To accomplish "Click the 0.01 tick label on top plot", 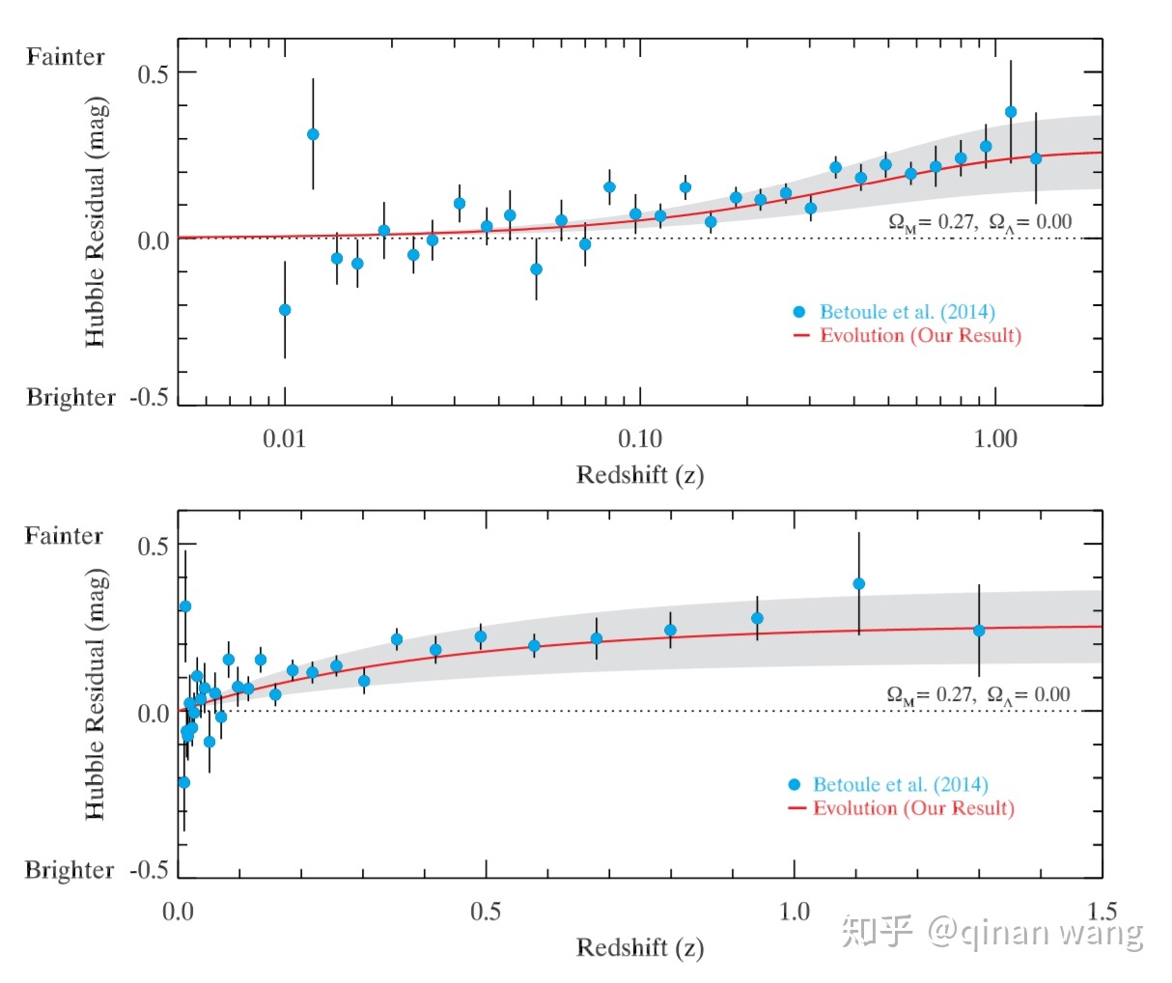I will [284, 439].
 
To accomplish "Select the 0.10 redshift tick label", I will [639, 439].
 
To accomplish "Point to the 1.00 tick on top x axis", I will [994, 439].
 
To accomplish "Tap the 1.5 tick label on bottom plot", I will [1102, 912].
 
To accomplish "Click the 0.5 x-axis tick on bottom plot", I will [486, 912].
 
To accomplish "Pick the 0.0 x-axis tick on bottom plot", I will [179, 912].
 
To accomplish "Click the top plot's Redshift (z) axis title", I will [640, 475].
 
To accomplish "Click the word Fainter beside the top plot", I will [66, 57].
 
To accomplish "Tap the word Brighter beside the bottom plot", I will [70, 870].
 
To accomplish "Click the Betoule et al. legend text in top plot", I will [907, 312].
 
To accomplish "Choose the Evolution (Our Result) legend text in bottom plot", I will [912, 808].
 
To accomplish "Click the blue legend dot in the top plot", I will [799, 312].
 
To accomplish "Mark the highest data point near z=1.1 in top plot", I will [1011, 112].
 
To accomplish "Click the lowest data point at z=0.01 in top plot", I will [285, 310].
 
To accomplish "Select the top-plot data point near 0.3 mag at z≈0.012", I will [313, 134].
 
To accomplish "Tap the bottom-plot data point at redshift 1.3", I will [979, 631].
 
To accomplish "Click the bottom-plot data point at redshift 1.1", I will [858, 584].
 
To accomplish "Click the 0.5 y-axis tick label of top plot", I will [153, 74].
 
